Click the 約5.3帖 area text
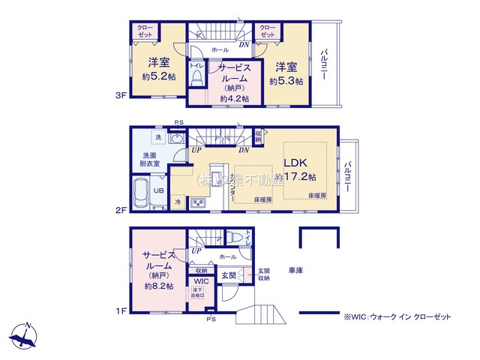(287, 81)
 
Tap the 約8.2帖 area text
(159, 286)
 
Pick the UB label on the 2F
(160, 190)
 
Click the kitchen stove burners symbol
(198, 202)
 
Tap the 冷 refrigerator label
(178, 202)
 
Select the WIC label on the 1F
(201, 283)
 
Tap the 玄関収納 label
(264, 275)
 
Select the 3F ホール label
(220, 49)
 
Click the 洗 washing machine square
(158, 137)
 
